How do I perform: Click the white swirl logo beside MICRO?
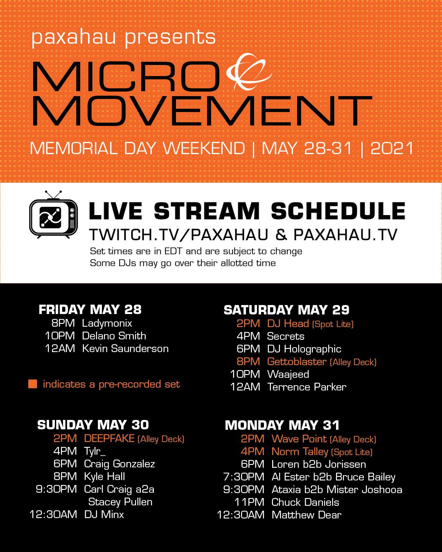coord(248,72)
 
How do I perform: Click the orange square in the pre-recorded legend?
coord(33,384)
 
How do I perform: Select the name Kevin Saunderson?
coord(125,349)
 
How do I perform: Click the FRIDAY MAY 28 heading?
coord(90,310)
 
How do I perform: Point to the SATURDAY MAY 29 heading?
coord(286,310)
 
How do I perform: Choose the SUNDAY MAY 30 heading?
coord(93,425)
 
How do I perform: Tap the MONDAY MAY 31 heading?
coord(282,425)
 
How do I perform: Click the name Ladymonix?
coord(107,323)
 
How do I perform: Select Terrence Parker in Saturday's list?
coord(307,387)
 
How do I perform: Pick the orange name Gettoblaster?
coord(297,361)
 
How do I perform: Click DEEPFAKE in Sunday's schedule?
coord(109,438)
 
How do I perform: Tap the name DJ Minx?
coord(104,514)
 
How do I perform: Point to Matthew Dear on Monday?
coord(307,515)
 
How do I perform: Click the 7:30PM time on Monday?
coord(244,477)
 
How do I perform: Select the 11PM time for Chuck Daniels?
coord(249,502)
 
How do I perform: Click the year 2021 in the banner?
coord(392,148)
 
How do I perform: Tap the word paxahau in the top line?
coord(73,37)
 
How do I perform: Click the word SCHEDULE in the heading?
coord(338,211)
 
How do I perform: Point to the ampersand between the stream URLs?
coord(281,235)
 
